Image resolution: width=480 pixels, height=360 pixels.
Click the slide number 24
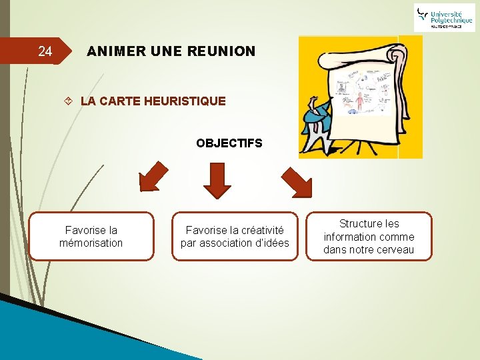click(45, 51)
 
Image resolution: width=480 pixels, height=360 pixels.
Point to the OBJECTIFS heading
click(229, 143)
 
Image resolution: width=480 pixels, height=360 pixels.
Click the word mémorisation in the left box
click(91, 243)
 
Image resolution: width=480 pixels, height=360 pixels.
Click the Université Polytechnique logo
click(444, 17)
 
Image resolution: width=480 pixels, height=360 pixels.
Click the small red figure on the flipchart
click(360, 101)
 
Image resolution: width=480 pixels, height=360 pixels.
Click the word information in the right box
click(349, 237)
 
